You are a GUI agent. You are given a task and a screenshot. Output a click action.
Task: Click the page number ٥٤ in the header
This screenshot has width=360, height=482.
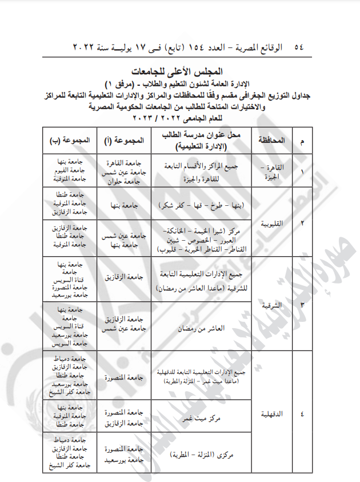click(298, 47)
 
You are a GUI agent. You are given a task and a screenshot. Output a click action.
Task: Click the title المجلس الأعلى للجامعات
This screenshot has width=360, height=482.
click(180, 72)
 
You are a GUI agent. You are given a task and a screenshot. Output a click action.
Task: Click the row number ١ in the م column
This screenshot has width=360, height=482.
click(302, 171)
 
